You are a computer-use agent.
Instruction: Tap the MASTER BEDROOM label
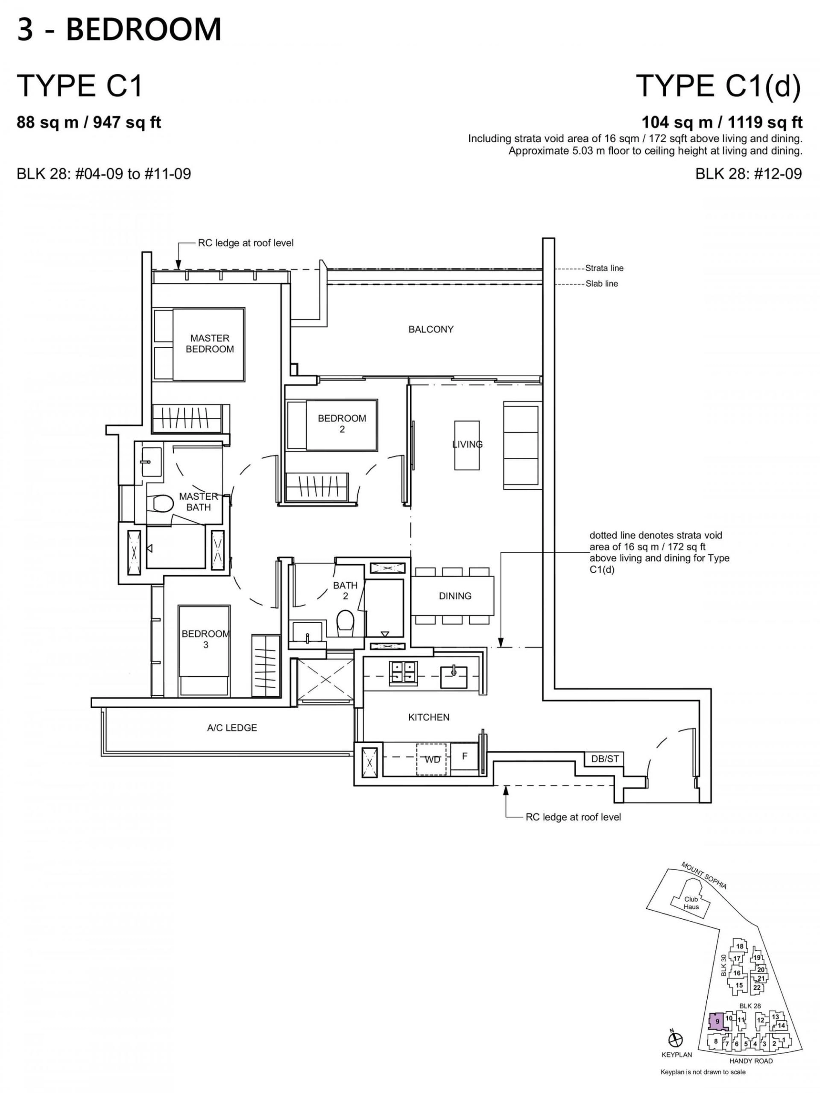(209, 343)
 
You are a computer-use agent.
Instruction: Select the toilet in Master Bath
(162, 503)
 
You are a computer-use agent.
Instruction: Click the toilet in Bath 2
(345, 624)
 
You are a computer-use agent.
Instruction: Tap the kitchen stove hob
(403, 673)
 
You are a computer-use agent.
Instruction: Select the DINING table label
(455, 596)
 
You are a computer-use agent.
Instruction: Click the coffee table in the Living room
(466, 445)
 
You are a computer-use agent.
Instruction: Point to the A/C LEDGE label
(231, 728)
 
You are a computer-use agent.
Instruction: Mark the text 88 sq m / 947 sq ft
(89, 123)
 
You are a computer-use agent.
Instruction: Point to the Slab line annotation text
(601, 284)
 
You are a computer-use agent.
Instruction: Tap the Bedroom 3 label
(205, 639)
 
